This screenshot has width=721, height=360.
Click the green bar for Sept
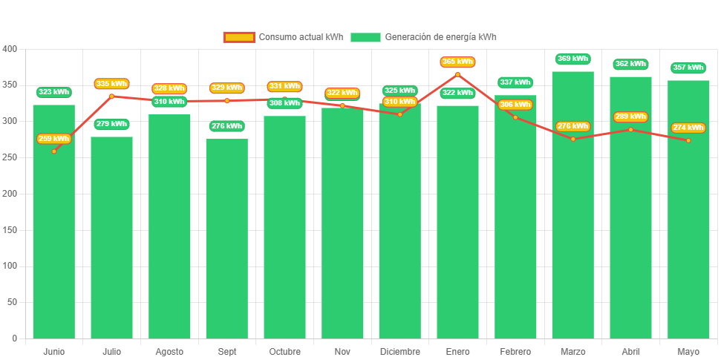pos(226,238)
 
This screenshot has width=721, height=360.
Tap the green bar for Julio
pos(111,238)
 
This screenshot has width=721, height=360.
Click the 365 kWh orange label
pos(457,62)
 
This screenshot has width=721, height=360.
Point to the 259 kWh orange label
pos(53,139)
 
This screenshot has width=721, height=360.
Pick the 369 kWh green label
pos(572,59)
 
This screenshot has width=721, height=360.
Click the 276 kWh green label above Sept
pos(226,126)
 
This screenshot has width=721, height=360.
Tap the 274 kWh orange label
pos(688,128)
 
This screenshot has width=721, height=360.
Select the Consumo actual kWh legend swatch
pos(238,37)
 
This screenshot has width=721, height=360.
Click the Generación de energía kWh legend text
pos(440,37)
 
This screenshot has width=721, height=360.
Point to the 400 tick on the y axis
pos(10,49)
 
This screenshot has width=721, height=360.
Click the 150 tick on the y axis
pos(10,230)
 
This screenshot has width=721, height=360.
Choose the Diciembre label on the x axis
pos(399,352)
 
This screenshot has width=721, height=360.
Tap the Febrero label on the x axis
pos(515,352)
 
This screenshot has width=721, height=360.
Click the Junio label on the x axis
pos(53,352)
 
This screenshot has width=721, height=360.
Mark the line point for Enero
pos(457,74)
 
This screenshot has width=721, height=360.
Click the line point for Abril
pos(630,130)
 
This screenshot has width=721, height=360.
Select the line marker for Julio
pos(111,96)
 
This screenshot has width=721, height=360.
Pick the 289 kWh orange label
pos(630,117)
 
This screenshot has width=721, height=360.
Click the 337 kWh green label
pos(515,82)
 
